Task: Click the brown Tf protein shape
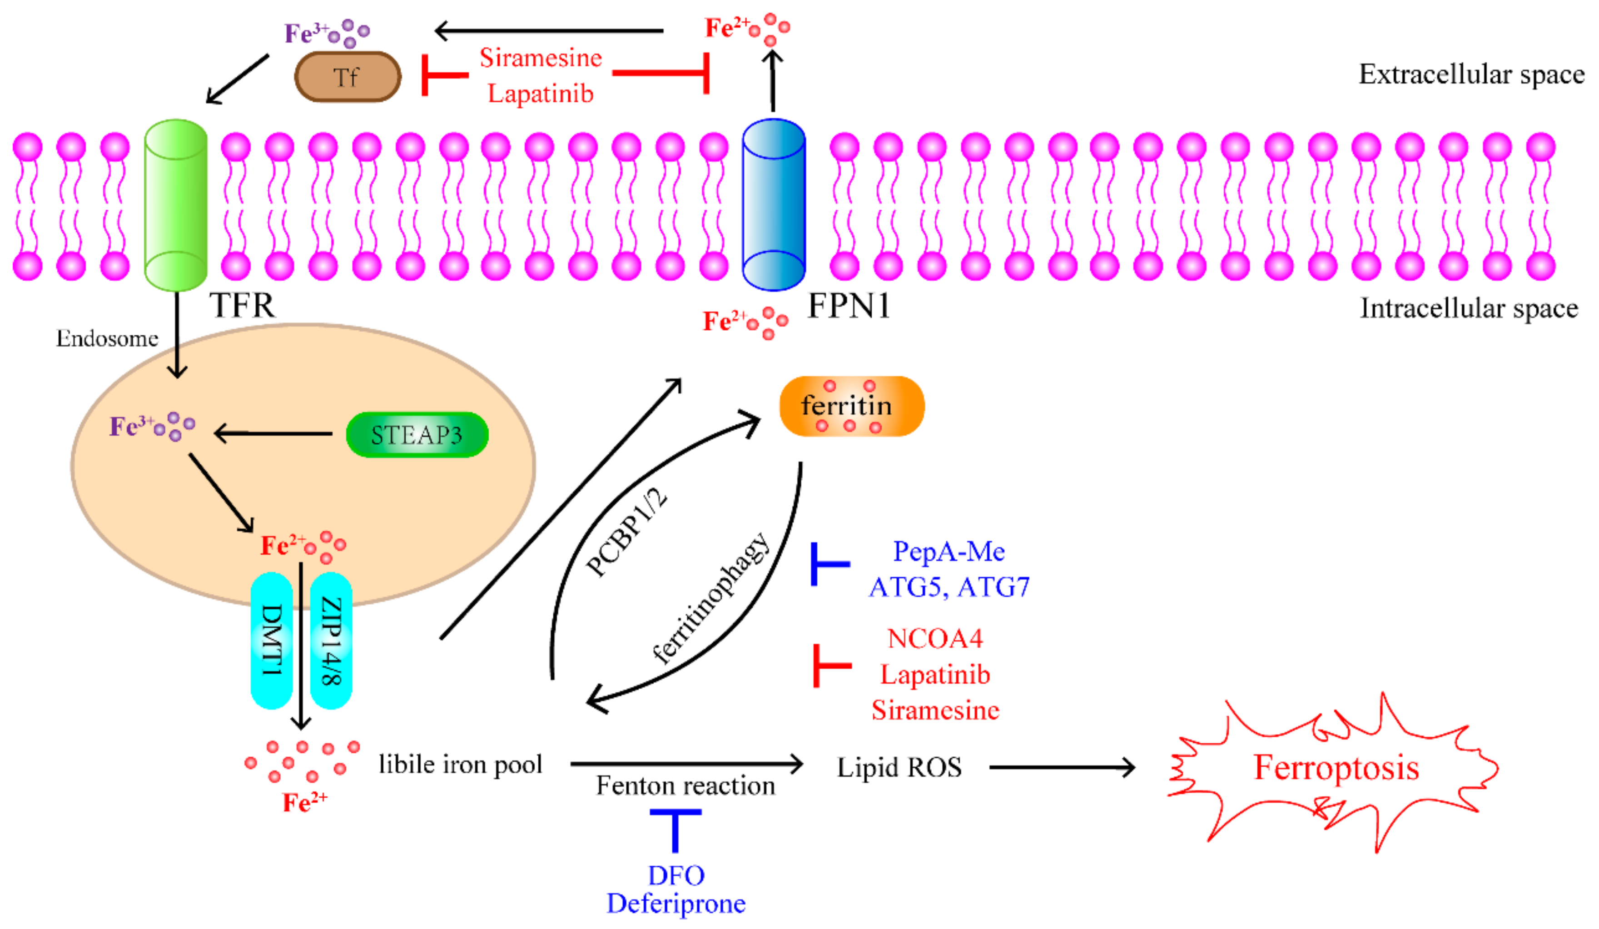(x=348, y=77)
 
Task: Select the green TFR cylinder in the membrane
(x=176, y=205)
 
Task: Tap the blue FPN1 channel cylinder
(x=774, y=205)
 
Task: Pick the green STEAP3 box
(x=417, y=435)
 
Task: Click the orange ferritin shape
(x=852, y=406)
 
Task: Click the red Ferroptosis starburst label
(x=1336, y=768)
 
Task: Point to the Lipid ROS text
(x=899, y=768)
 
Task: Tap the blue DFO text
(x=676, y=876)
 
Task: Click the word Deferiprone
(x=676, y=904)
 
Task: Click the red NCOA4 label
(x=935, y=638)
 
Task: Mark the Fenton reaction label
(x=685, y=786)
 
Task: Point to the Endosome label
(x=107, y=338)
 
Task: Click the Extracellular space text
(x=1471, y=75)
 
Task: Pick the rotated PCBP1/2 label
(x=627, y=532)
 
